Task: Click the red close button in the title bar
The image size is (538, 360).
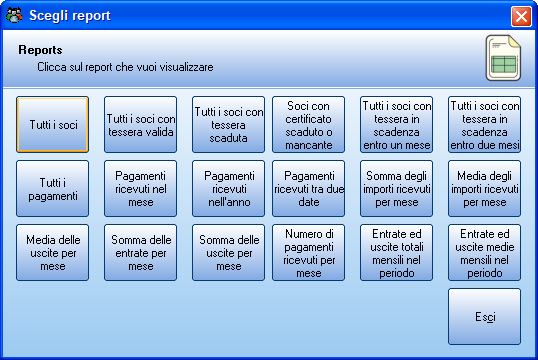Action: [x=521, y=16]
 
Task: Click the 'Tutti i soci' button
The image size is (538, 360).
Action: [x=52, y=125]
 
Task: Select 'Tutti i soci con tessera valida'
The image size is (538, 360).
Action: [x=141, y=125]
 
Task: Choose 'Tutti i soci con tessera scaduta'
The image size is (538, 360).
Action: [x=229, y=125]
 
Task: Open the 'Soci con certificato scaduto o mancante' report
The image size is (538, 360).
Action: [x=308, y=125]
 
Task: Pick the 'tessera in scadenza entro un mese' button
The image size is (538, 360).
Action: [x=396, y=125]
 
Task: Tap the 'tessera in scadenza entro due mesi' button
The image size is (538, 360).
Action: [x=484, y=125]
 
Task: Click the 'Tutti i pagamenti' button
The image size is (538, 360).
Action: [x=52, y=189]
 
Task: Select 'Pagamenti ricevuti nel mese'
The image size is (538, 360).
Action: [x=141, y=189]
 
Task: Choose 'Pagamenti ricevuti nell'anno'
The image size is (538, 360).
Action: [x=229, y=189]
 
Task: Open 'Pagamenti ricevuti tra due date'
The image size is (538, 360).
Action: [x=308, y=189]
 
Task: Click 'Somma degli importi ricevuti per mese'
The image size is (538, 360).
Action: [x=396, y=189]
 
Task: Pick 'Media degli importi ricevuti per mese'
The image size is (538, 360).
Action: [x=484, y=189]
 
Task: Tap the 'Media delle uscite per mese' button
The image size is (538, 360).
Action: [x=52, y=253]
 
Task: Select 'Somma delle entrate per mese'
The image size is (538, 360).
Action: [x=141, y=253]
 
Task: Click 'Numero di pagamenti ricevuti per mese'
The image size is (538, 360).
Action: [x=308, y=253]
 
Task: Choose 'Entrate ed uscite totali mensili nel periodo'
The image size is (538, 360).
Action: [x=396, y=253]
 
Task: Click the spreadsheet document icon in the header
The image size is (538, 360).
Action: [x=503, y=58]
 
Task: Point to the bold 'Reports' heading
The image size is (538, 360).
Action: [x=40, y=50]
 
